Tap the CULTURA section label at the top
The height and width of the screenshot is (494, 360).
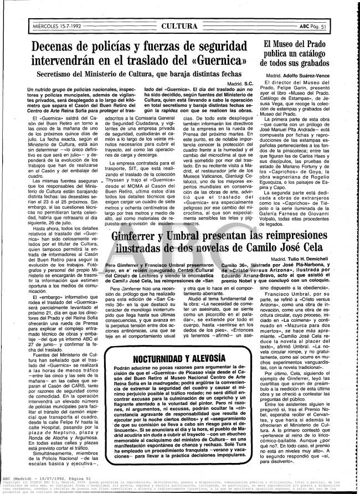coord(181,26)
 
